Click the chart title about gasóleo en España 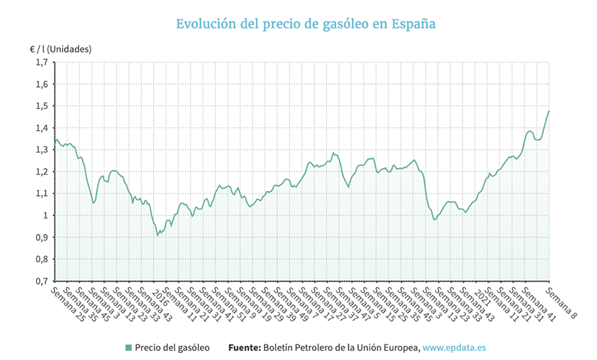[x=306, y=24]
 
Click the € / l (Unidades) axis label [x=60, y=49]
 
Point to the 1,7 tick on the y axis [x=42, y=62]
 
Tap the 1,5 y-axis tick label [x=42, y=106]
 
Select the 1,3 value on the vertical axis [x=42, y=150]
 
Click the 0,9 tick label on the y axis [x=42, y=237]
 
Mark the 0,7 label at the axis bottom [x=42, y=281]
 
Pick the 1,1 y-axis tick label [x=42, y=194]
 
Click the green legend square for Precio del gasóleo [x=128, y=347]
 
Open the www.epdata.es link [x=454, y=347]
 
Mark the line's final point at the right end [x=549, y=111]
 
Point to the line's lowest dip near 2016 [x=158, y=234]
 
